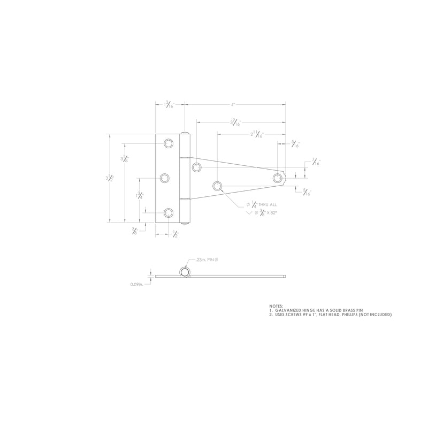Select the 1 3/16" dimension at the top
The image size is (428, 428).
(x=170, y=105)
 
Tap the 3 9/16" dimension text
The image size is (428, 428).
(x=236, y=123)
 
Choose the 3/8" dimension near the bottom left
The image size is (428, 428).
(x=134, y=231)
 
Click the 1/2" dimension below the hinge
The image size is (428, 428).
(x=175, y=233)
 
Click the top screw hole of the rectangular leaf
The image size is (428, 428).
(x=169, y=143)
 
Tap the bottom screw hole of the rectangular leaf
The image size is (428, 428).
(x=169, y=213)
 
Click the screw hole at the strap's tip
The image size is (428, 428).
(x=278, y=178)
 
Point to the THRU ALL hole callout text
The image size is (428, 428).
(x=262, y=204)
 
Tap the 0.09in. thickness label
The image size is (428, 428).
(x=137, y=285)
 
